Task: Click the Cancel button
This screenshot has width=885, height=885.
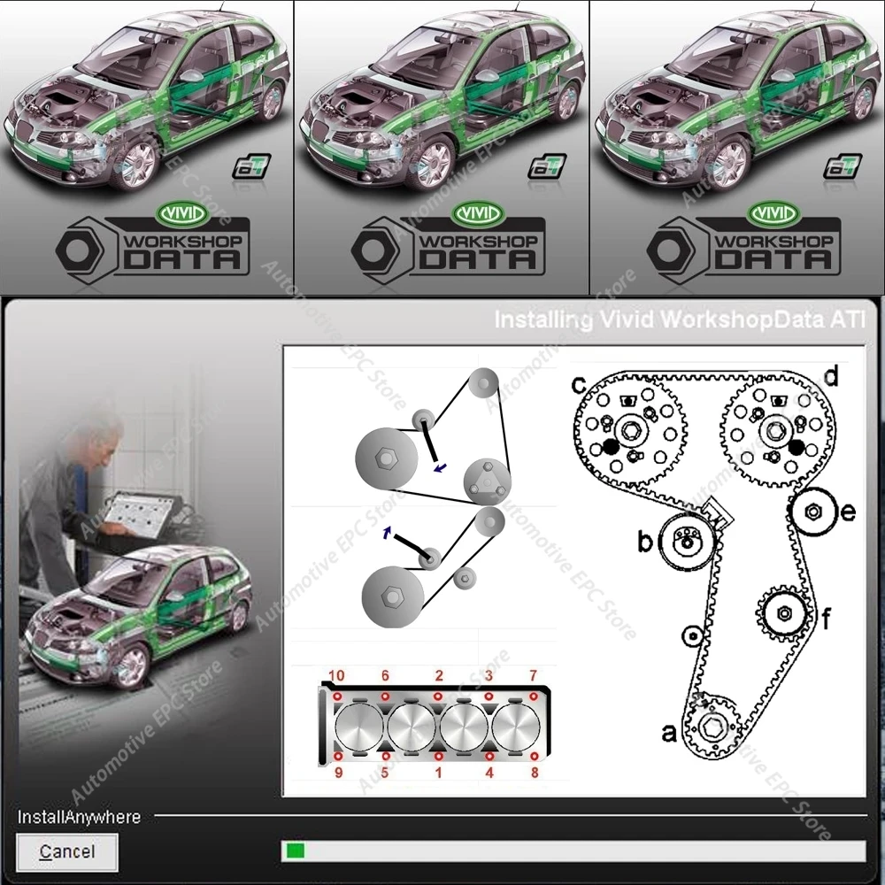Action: [67, 852]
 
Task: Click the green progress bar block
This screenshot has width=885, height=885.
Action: [296, 851]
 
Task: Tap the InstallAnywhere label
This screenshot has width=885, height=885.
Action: [80, 817]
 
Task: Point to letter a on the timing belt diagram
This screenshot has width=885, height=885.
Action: [670, 733]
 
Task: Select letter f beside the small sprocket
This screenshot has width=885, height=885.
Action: [826, 619]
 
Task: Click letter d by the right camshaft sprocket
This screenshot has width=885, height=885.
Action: [830, 376]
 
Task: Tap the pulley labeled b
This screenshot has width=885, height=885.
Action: [685, 542]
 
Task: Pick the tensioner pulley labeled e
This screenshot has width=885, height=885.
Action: [811, 511]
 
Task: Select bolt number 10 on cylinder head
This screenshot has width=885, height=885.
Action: [337, 696]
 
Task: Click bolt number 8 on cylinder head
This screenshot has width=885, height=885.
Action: [534, 758]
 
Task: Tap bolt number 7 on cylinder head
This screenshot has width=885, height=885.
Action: [534, 696]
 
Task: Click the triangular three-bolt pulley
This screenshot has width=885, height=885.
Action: [488, 481]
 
